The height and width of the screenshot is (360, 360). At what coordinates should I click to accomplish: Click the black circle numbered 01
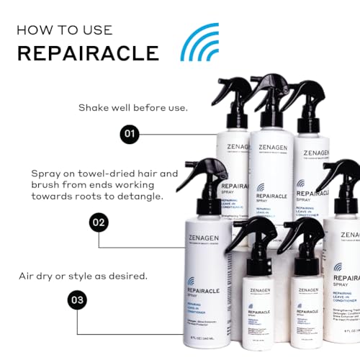[x=130, y=134]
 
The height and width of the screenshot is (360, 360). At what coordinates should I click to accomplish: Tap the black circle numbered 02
[x=99, y=202]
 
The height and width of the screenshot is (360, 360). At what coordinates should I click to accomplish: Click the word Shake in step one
[x=96, y=108]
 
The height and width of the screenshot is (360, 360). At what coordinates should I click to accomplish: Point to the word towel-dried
[x=112, y=174]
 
